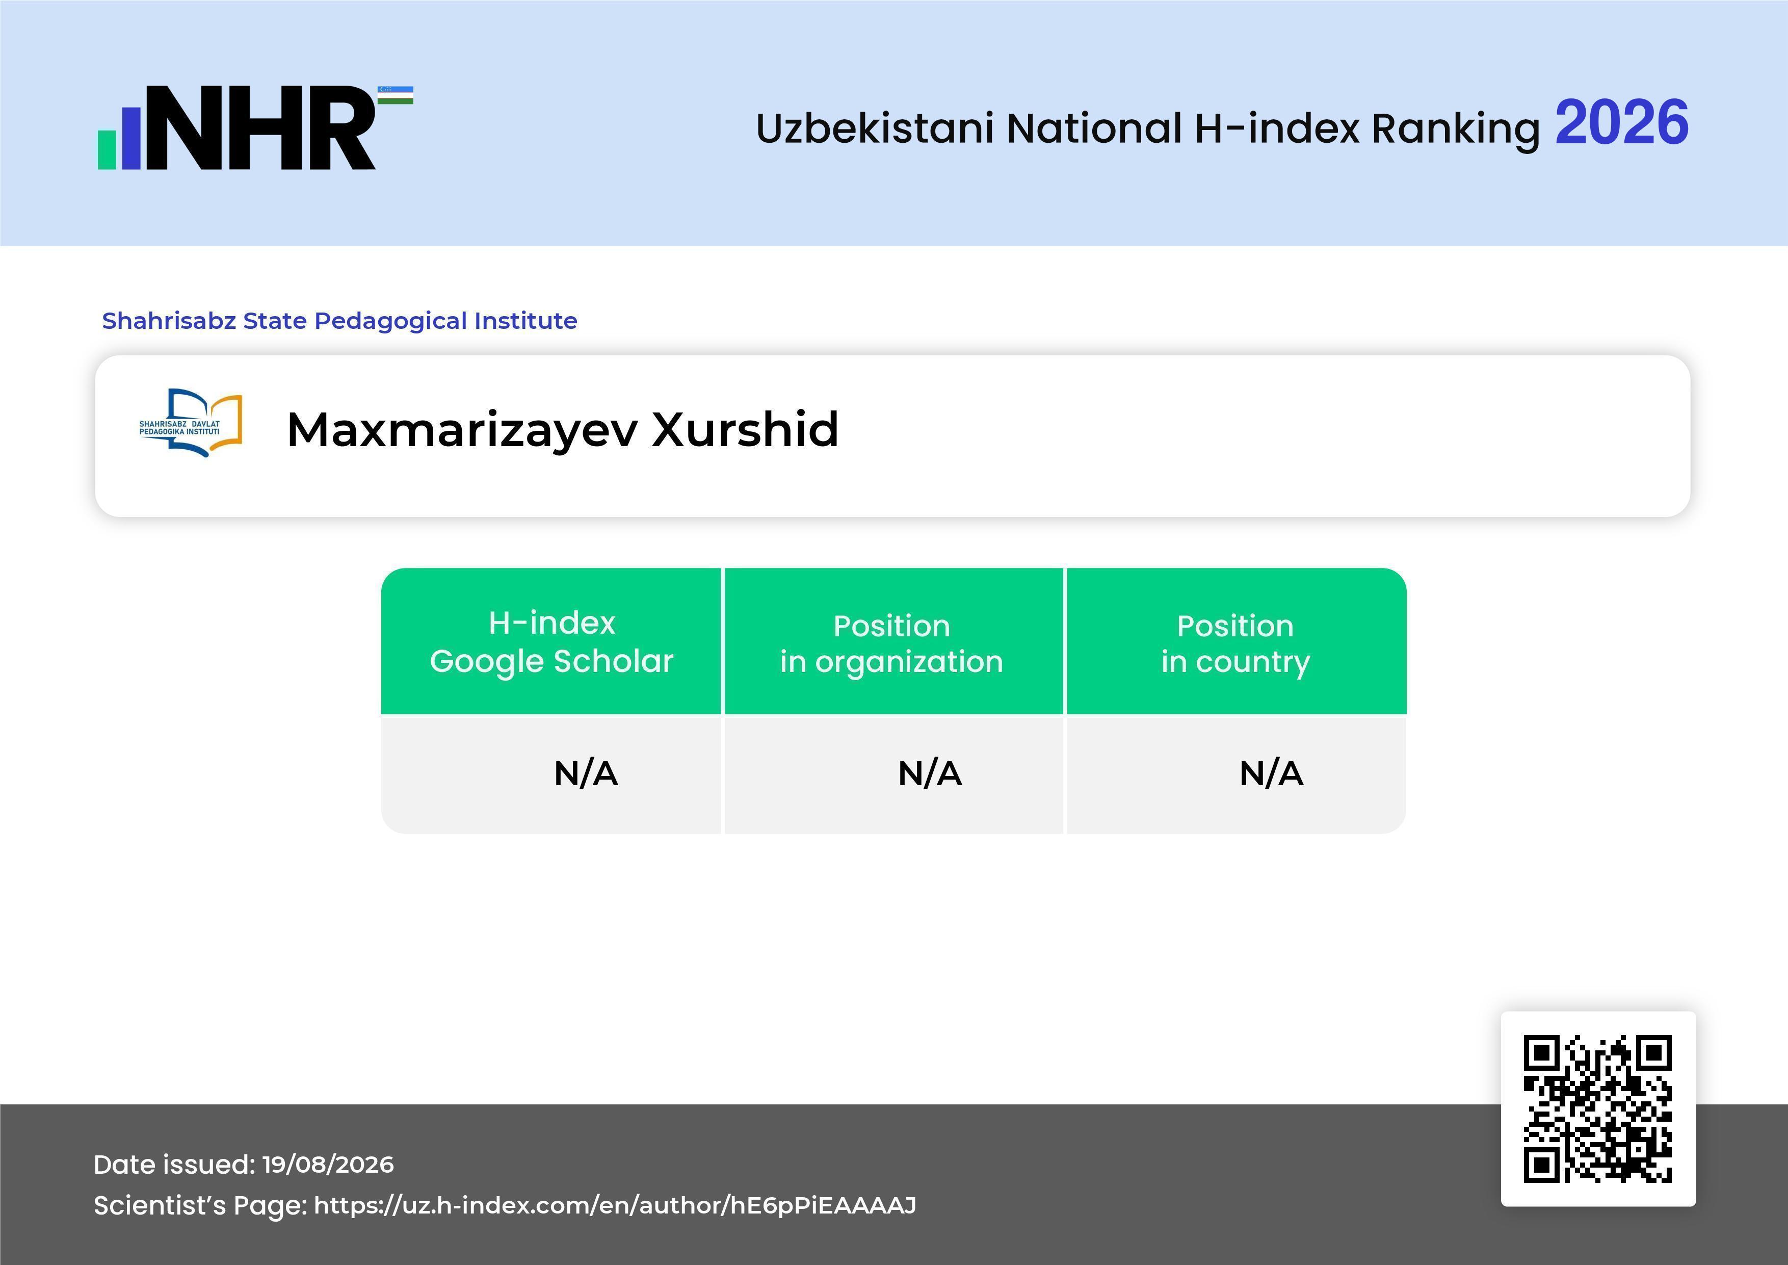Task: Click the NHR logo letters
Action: (261, 128)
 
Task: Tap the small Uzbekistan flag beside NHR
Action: (396, 95)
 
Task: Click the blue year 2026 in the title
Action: (1621, 123)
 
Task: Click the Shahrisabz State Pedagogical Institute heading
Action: (339, 320)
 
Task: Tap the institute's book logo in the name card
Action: (191, 423)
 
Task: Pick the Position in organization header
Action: (891, 643)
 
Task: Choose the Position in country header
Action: (1235, 643)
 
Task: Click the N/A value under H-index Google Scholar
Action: (586, 773)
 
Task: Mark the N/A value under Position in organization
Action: (930, 773)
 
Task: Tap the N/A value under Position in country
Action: (1271, 773)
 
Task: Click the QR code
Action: (1598, 1109)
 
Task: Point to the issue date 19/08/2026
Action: (328, 1165)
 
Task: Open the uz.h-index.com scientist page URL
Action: (615, 1206)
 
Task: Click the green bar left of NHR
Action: (107, 149)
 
